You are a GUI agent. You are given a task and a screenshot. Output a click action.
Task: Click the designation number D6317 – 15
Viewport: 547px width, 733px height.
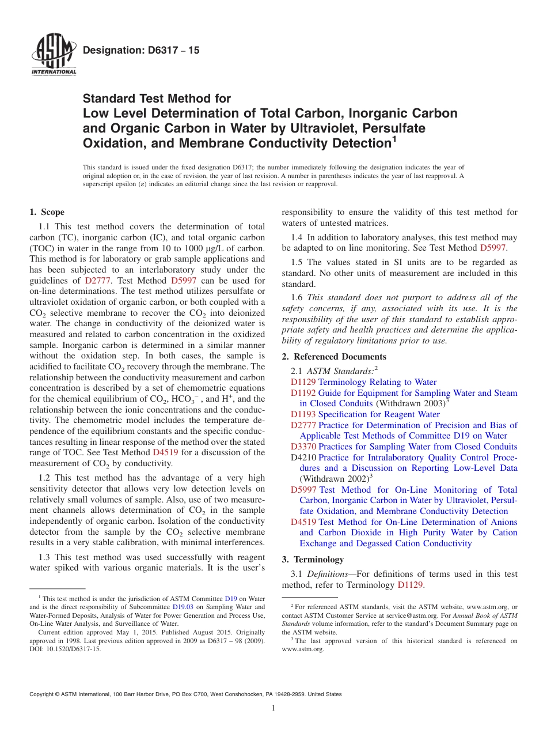(141, 51)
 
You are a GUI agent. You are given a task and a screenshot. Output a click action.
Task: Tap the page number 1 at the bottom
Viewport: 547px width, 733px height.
(273, 708)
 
